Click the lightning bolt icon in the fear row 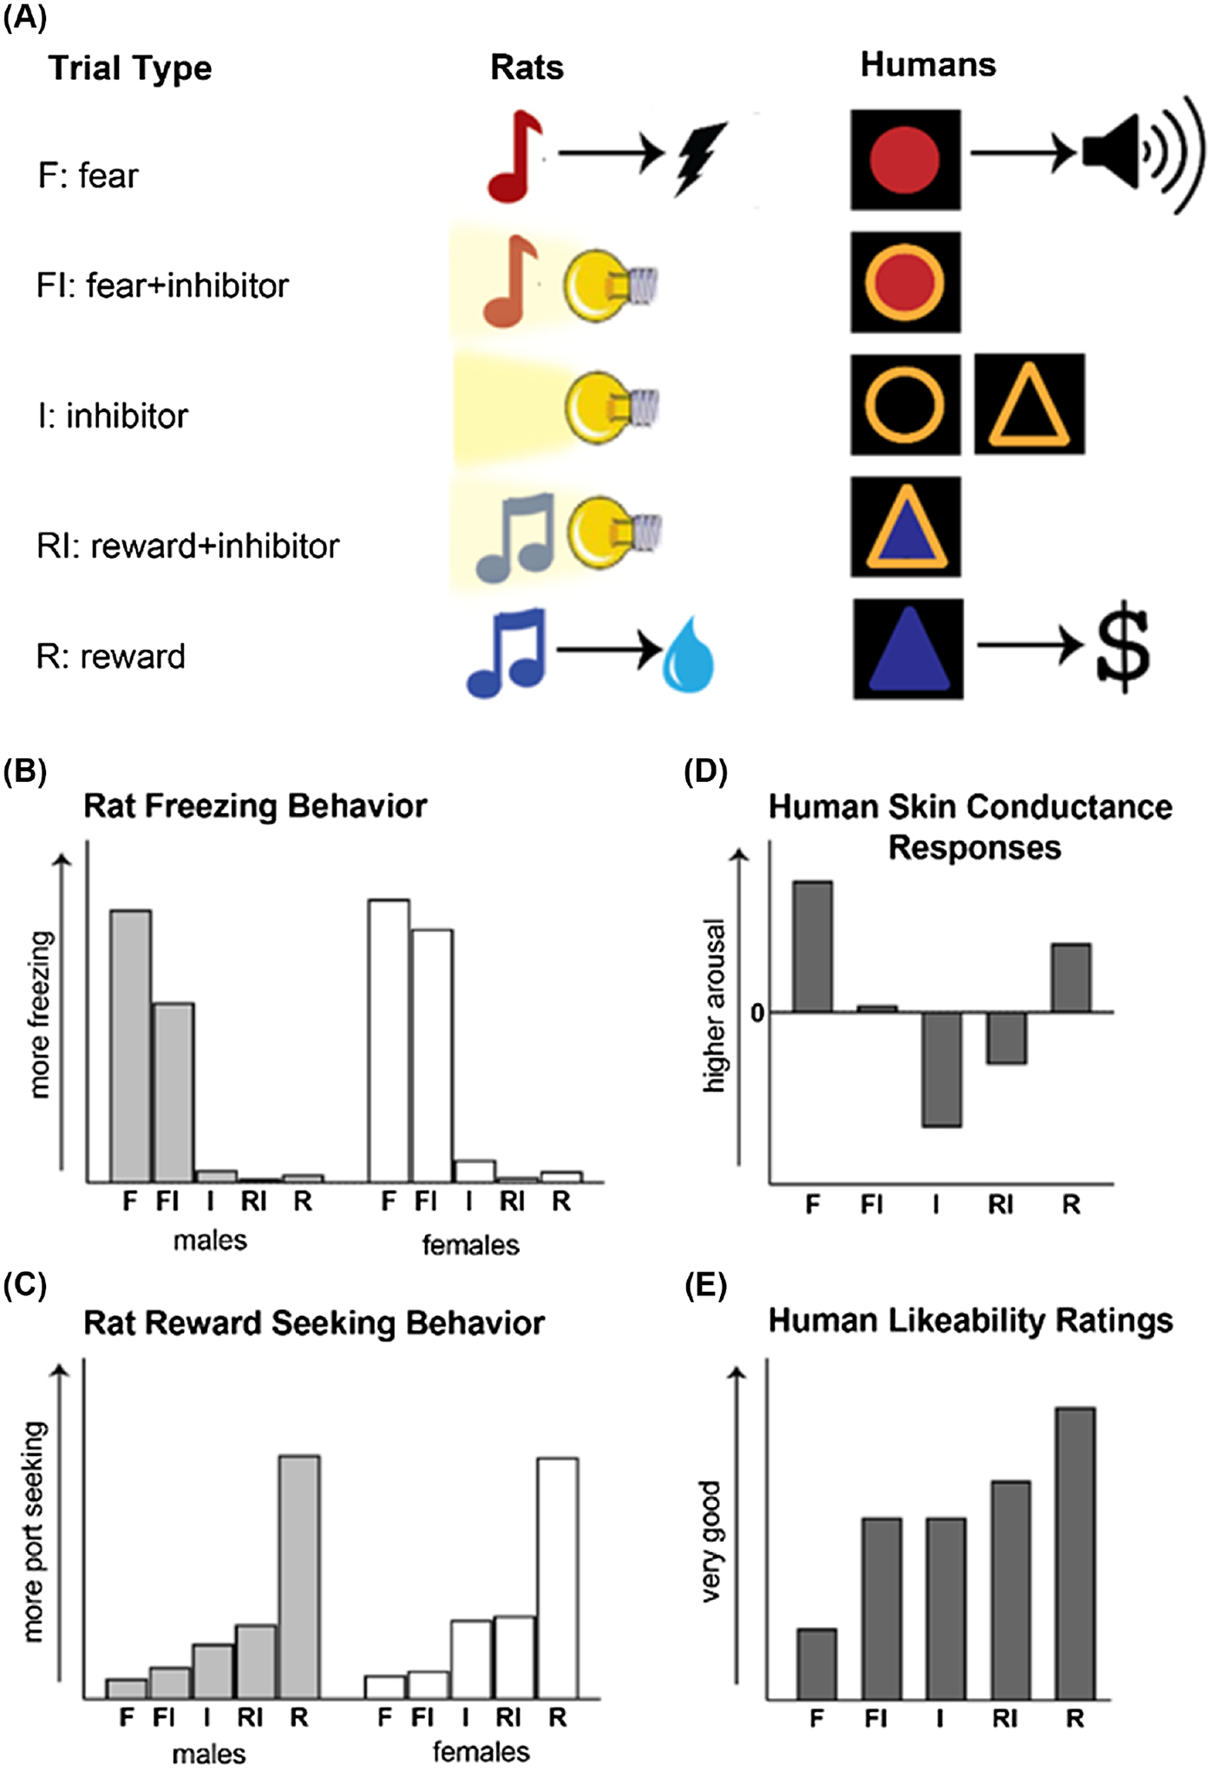[x=700, y=158]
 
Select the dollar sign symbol [x=1123, y=646]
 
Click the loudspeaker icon [x=1141, y=154]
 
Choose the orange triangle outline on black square [x=1029, y=404]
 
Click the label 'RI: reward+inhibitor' [x=187, y=546]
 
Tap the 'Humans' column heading [x=927, y=65]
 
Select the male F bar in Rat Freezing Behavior [x=130, y=1046]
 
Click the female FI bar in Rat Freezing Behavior [x=432, y=1055]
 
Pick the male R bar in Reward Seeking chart [x=299, y=1577]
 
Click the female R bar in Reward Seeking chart [x=558, y=1578]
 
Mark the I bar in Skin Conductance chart [x=941, y=1069]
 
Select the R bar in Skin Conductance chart [x=1071, y=978]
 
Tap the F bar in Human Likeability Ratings [x=816, y=1663]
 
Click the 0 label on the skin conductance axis [x=757, y=1013]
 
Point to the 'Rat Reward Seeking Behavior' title [x=314, y=1323]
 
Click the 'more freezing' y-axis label [x=41, y=1014]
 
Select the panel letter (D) [x=705, y=771]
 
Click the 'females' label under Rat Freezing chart [x=470, y=1245]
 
